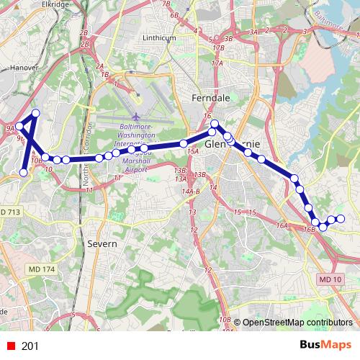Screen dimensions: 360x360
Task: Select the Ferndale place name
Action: (x=210, y=96)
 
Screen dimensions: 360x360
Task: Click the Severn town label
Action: (x=102, y=244)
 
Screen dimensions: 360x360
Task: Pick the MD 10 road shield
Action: (x=328, y=279)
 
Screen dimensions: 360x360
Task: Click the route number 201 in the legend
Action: (x=30, y=346)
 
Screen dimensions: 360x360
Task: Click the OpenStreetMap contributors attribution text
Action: (x=297, y=322)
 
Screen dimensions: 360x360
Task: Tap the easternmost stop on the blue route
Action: (x=341, y=219)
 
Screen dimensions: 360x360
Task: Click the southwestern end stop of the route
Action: (x=24, y=173)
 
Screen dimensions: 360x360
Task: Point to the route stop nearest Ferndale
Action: (x=214, y=124)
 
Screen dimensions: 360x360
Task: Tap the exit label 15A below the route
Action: (x=192, y=152)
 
